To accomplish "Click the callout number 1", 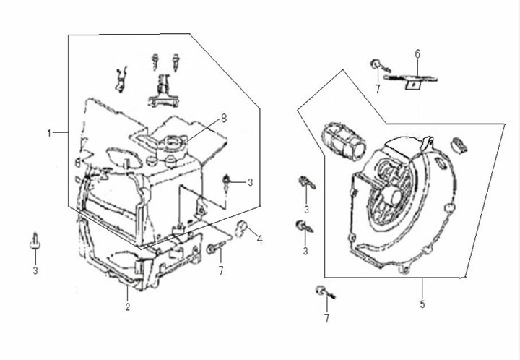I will (x=49, y=133).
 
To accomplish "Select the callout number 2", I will (x=127, y=307).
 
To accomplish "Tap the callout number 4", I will (x=260, y=239).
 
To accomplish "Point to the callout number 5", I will (x=422, y=304).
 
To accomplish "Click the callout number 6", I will (x=417, y=53).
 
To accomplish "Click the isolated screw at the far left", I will (x=34, y=241).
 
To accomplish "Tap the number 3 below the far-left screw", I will (x=34, y=271).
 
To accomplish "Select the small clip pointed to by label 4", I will (x=242, y=229).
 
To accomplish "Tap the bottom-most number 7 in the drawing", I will (x=326, y=318).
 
